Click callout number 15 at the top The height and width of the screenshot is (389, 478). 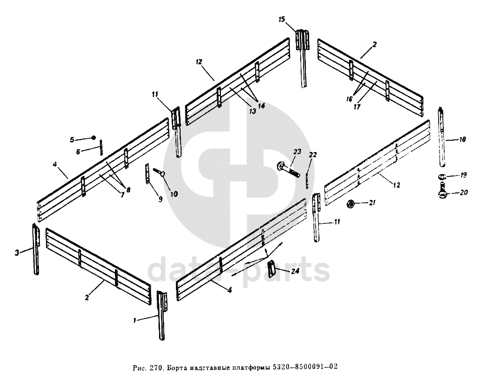(281, 19)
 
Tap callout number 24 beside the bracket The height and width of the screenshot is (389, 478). (295, 271)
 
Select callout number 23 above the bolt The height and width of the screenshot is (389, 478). (296, 151)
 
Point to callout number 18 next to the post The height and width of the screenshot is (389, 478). (463, 140)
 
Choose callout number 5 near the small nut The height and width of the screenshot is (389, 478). (72, 139)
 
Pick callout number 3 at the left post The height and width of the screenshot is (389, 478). (17, 252)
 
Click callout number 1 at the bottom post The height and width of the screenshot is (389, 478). (135, 320)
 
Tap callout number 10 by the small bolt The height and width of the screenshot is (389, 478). (174, 193)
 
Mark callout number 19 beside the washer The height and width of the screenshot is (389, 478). (463, 175)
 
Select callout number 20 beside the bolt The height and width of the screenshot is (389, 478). (463, 193)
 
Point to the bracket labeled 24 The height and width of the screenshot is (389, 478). (271, 269)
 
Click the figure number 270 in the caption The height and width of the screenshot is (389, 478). (155, 368)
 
